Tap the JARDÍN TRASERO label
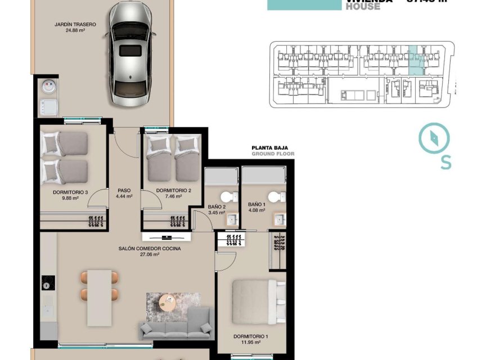tap(75, 25)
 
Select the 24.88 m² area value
tap(75, 31)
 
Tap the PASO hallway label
tap(124, 190)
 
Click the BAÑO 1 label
tap(256, 205)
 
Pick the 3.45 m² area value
tap(217, 213)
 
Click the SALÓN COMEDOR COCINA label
tap(150, 248)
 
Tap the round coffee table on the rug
tap(168, 302)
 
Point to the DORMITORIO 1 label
tap(250, 336)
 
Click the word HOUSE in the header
tap(363, 7)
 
